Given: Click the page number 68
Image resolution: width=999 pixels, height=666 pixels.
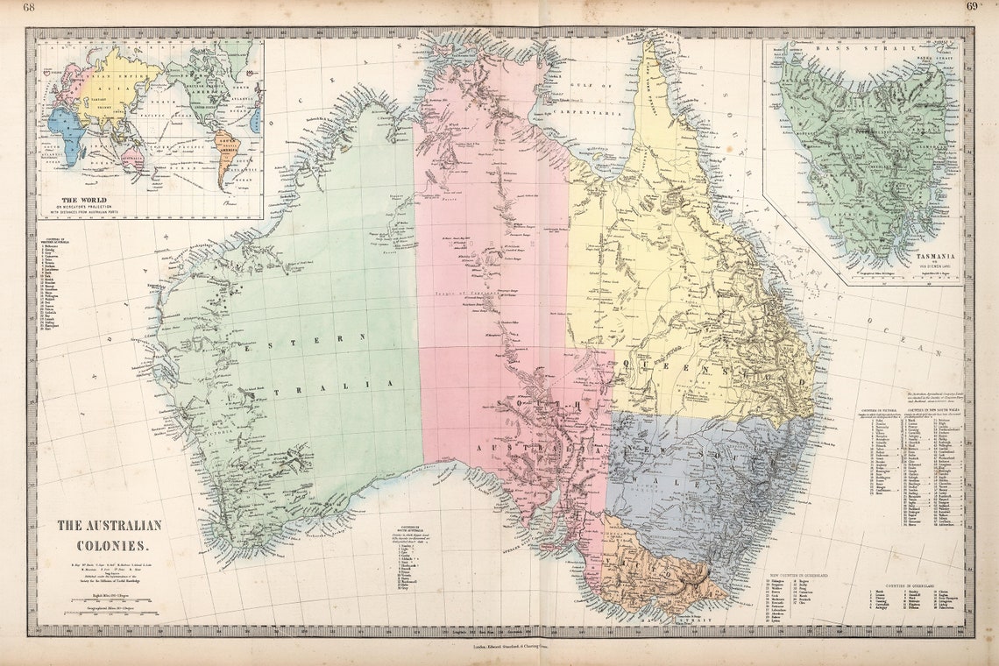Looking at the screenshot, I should [x=29, y=8].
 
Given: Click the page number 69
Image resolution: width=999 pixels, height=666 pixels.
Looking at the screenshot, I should [x=972, y=8].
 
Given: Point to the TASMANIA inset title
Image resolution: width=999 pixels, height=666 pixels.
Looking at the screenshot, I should [x=934, y=257].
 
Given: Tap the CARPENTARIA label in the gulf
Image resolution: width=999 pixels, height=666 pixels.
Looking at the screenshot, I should [x=592, y=114].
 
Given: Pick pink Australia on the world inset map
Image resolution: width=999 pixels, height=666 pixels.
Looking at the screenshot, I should [x=133, y=158].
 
